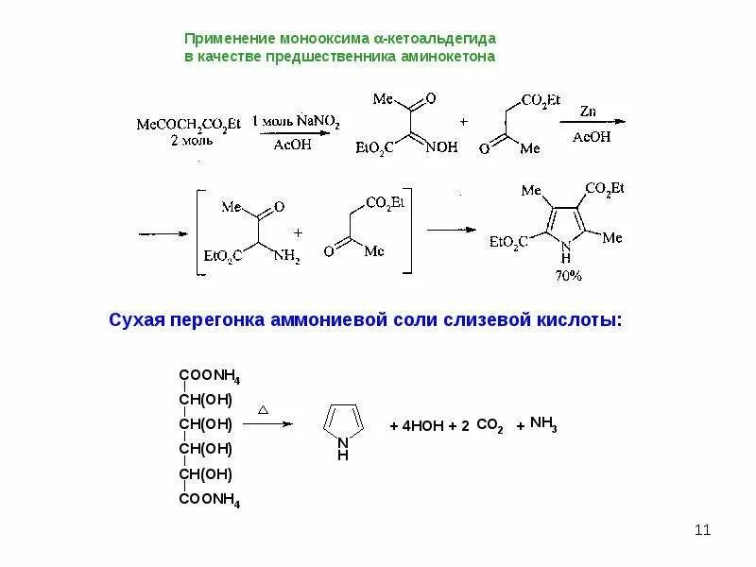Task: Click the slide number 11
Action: (701, 529)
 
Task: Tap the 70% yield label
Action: (569, 276)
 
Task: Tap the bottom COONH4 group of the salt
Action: (209, 501)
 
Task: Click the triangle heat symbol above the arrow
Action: (264, 410)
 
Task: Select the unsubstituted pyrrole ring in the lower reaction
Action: (342, 423)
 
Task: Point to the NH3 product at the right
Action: (543, 424)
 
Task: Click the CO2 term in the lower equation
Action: (490, 427)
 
